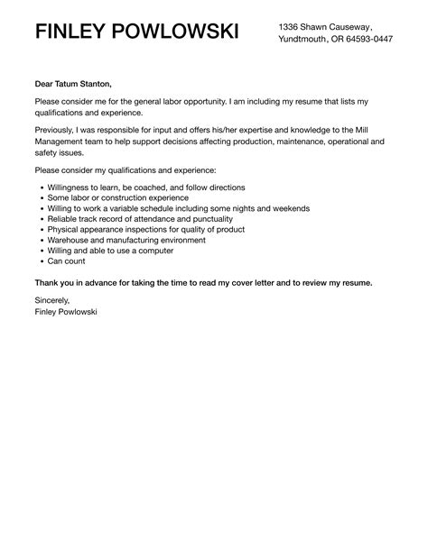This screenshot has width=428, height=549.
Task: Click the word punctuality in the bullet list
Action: tap(207, 219)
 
